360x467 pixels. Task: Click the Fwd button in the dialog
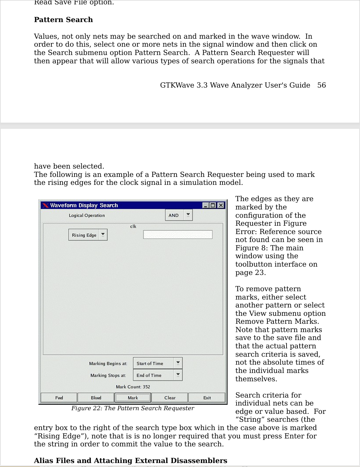point(59,398)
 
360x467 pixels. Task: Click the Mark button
point(132,398)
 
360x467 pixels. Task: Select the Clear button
point(170,398)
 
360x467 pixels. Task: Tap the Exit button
point(207,398)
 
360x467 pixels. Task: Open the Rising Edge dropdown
point(88,235)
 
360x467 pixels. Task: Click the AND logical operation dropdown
point(179,215)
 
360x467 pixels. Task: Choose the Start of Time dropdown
point(157,363)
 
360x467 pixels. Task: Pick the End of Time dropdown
point(157,375)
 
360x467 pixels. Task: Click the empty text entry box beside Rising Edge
point(178,235)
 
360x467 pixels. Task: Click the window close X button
point(221,205)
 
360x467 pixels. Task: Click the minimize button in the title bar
point(206,205)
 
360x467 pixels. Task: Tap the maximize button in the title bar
point(213,205)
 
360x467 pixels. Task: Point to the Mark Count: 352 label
point(133,387)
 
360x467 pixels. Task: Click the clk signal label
point(133,226)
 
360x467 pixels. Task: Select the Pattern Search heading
point(63,20)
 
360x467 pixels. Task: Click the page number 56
point(321,85)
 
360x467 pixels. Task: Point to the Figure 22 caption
point(132,408)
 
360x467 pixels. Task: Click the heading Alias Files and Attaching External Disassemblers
point(130,460)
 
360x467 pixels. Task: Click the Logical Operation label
point(87,215)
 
